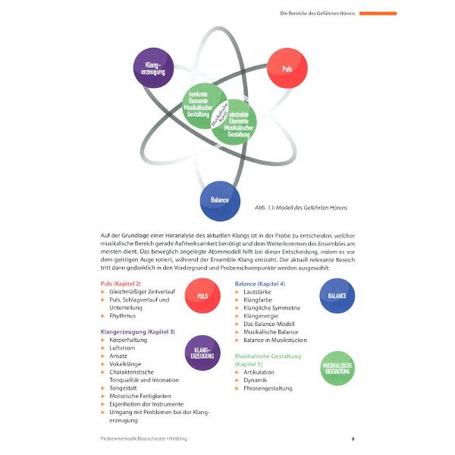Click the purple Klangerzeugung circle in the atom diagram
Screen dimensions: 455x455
tap(153, 68)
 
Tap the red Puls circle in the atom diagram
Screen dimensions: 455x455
tap(287, 68)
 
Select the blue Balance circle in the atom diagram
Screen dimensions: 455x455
tap(220, 201)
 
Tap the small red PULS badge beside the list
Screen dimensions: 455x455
tap(202, 297)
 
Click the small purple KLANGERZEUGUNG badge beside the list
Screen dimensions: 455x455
tap(202, 352)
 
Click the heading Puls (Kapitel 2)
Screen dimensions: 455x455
tap(121, 283)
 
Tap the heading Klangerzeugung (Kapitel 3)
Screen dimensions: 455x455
tap(137, 331)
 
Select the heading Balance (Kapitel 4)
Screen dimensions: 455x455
tap(260, 283)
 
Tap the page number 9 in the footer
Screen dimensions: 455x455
tap(353, 439)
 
